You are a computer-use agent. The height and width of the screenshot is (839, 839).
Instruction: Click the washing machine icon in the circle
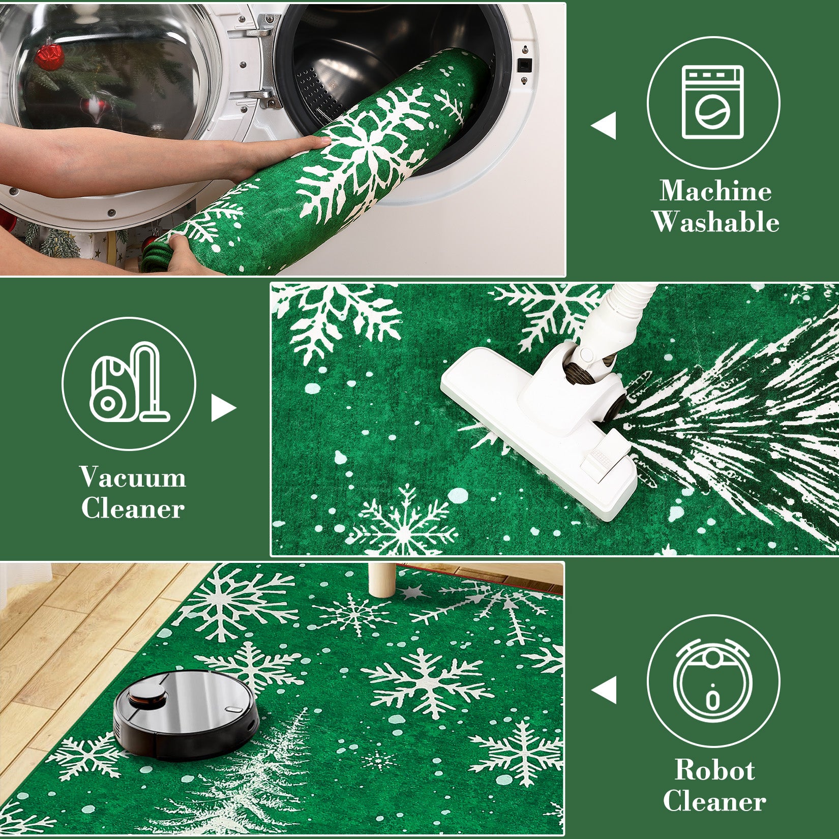point(713,102)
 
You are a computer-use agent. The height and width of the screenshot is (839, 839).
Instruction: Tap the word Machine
point(715,192)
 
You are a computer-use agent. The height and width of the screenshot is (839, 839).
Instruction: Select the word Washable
point(715,222)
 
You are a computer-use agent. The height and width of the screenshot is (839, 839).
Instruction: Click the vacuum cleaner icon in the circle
point(129,383)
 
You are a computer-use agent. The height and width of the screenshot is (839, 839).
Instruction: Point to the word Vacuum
point(133,478)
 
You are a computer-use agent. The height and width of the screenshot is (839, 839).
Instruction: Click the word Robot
point(714,770)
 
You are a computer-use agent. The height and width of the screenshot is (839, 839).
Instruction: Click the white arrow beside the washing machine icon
point(604,125)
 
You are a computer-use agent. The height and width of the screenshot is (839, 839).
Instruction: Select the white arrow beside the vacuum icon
point(222,408)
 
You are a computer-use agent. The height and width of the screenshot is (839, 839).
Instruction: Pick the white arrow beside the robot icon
point(604,691)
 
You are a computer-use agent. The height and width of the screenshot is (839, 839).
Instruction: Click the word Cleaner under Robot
point(714,802)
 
